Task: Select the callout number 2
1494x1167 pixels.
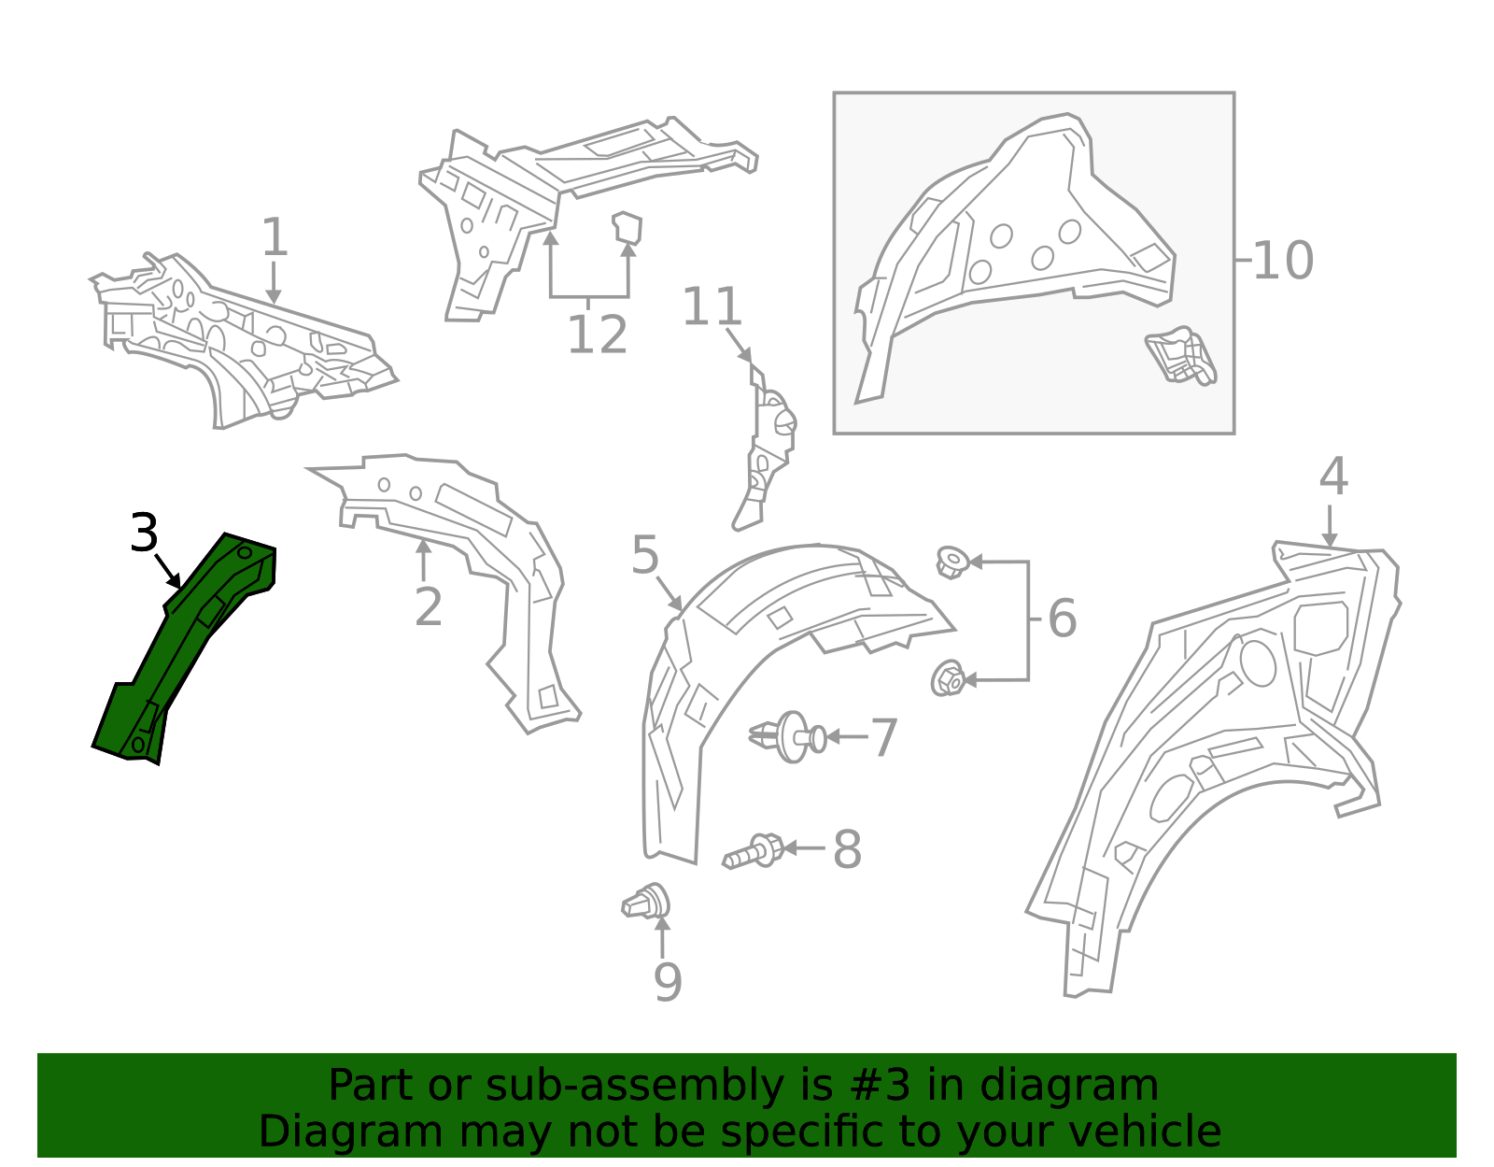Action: point(428,607)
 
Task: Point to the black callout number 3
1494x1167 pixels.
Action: point(144,534)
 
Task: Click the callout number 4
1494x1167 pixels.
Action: point(1333,477)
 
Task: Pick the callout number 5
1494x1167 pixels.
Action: point(645,556)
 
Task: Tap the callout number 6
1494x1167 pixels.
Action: point(1062,619)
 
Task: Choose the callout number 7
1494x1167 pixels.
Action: point(883,738)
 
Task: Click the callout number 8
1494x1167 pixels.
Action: point(847,850)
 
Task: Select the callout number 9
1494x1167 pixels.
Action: point(668,982)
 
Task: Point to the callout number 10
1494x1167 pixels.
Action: point(1282,261)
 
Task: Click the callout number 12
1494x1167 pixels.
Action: point(597,334)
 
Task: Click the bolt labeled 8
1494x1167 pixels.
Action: point(754,851)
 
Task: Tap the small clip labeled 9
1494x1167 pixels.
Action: point(647,902)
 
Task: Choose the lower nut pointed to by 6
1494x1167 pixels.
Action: point(948,678)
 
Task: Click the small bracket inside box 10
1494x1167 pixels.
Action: point(1181,356)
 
